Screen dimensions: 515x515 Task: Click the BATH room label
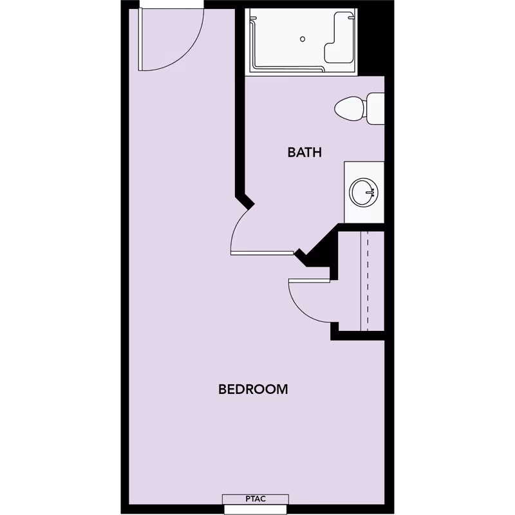click(304, 153)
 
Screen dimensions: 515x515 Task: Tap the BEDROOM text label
click(252, 389)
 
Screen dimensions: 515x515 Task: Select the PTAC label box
click(256, 498)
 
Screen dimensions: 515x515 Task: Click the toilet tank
click(375, 109)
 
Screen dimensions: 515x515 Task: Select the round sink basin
click(364, 192)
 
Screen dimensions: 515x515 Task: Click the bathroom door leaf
click(263, 252)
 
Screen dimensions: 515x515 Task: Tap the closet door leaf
click(310, 279)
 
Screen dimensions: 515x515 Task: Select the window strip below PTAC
click(256, 509)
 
